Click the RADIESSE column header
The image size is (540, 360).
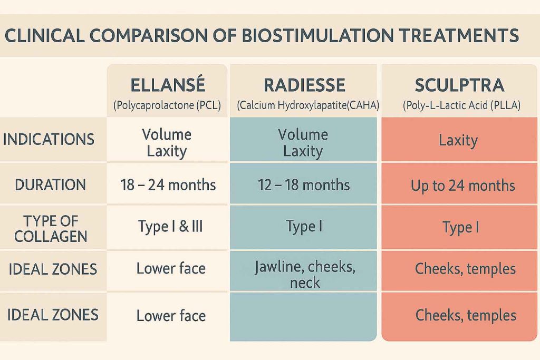[x=304, y=85]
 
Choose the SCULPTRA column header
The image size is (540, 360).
[x=459, y=85]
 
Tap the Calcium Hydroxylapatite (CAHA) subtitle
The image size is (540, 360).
[x=304, y=105]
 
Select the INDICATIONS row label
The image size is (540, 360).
[x=49, y=140]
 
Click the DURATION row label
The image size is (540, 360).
[x=50, y=184]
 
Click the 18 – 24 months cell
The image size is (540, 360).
[x=167, y=185]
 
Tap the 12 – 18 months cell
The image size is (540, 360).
[x=304, y=185]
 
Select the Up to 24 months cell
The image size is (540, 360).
[x=462, y=186]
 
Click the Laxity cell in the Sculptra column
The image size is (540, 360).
[x=458, y=140]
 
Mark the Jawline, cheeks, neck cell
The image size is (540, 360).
[x=305, y=275]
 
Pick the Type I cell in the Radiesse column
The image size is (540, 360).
[x=304, y=227]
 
